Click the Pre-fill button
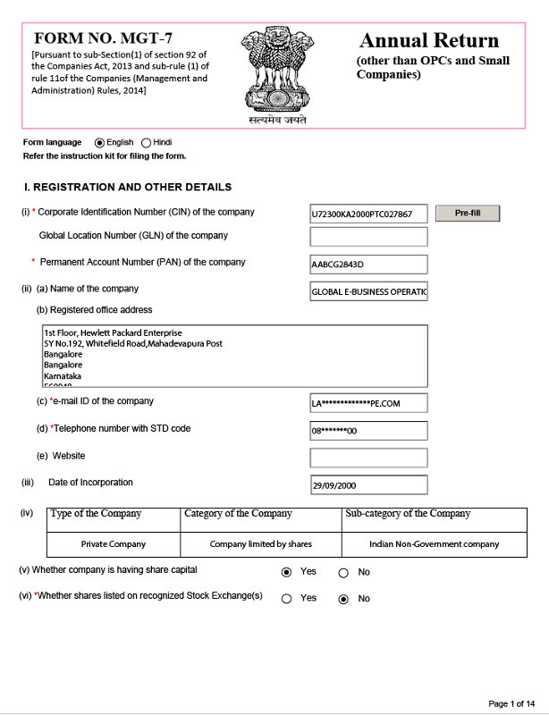[x=467, y=214]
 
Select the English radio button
[x=99, y=143]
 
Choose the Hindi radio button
[x=146, y=143]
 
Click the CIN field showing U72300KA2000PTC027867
[x=368, y=214]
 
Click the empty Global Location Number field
[x=368, y=237]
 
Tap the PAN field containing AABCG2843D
[x=368, y=265]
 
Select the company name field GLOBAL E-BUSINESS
[x=368, y=292]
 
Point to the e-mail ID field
[x=368, y=403]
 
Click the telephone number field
[x=368, y=431]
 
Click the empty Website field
[x=368, y=458]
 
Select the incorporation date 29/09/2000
[x=368, y=486]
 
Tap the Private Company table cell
[x=113, y=543]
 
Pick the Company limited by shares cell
[x=260, y=543]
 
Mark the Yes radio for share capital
[x=286, y=572]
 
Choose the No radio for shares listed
[x=343, y=599]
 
